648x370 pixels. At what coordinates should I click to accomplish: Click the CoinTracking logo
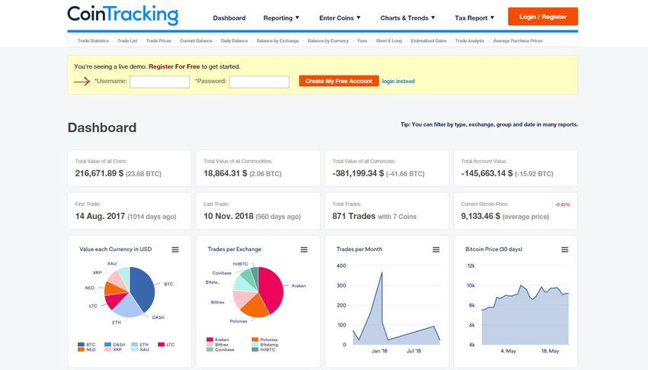pyautogui.click(x=122, y=14)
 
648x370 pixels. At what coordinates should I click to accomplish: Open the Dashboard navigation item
pyautogui.click(x=229, y=18)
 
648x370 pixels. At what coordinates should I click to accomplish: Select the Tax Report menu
pyautogui.click(x=473, y=18)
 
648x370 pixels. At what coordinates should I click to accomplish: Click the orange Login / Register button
pyautogui.click(x=542, y=17)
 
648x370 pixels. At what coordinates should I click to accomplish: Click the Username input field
pyautogui.click(x=159, y=82)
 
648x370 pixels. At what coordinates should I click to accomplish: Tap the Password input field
pyautogui.click(x=259, y=82)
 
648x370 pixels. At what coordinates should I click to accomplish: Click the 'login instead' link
pyautogui.click(x=398, y=81)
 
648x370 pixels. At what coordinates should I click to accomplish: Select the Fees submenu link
pyautogui.click(x=363, y=40)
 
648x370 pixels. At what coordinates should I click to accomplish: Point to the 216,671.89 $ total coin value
pyautogui.click(x=99, y=174)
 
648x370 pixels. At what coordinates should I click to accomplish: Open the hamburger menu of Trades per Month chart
pyautogui.click(x=436, y=249)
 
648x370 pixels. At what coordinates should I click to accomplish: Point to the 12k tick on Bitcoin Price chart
pyautogui.click(x=471, y=265)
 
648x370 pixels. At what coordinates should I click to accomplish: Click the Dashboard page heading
pyautogui.click(x=102, y=127)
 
